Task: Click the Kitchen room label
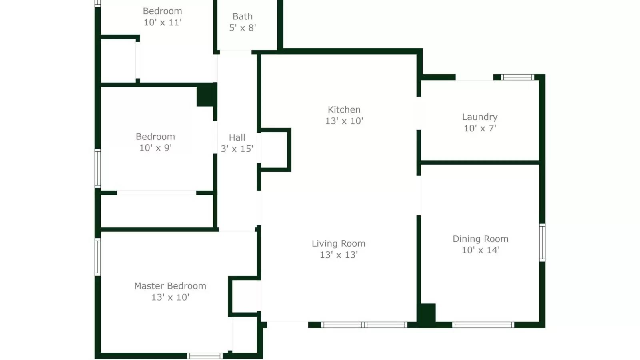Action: [344, 110]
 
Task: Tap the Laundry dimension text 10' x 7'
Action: [480, 128]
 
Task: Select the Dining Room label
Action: [480, 239]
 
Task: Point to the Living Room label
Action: [338, 244]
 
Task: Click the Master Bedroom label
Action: [170, 286]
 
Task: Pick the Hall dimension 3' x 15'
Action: [237, 149]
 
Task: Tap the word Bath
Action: [242, 16]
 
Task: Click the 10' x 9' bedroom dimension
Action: [155, 148]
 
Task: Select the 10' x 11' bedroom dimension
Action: [162, 22]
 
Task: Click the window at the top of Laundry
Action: [518, 77]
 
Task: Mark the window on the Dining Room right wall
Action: [542, 243]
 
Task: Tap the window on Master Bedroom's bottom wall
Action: [205, 356]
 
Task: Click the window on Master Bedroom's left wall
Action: [98, 257]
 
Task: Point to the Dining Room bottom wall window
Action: [483, 325]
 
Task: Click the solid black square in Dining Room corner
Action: [426, 314]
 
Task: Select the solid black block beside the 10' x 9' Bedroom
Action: [206, 95]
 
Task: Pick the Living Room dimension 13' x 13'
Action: [338, 255]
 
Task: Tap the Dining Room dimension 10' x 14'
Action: [480, 250]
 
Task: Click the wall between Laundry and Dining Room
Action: [480, 162]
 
